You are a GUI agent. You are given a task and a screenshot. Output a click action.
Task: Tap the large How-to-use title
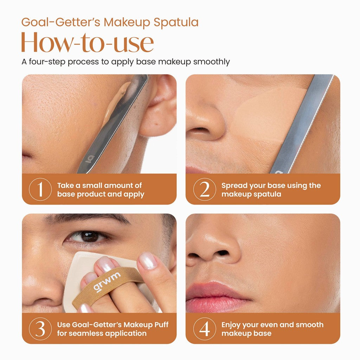87,43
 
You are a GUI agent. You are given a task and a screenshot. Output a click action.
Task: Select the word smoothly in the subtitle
211,62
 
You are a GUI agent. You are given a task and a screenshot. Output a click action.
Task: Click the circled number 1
40,189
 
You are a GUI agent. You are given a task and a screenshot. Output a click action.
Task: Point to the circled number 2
205,189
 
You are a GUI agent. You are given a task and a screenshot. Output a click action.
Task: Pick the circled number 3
40,329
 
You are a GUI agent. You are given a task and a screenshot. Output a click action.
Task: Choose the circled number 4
205,329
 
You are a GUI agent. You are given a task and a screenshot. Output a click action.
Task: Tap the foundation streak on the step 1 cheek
114,103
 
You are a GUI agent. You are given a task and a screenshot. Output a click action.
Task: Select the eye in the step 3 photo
88,237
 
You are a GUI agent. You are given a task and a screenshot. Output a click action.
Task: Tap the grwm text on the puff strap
107,282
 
